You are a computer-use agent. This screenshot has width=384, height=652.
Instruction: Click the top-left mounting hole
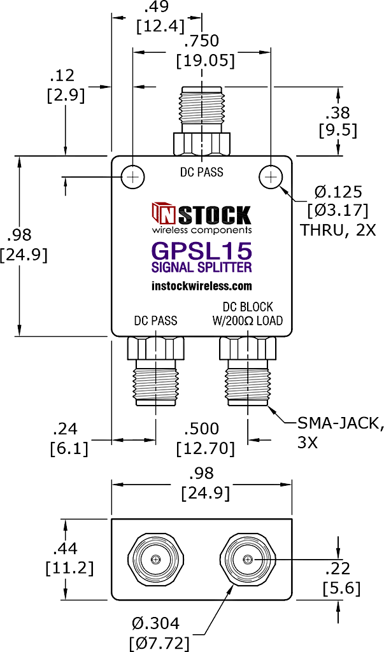pos(132,178)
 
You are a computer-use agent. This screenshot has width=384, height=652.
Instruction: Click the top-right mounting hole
pos(271,178)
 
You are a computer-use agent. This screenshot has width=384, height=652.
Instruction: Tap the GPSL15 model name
pos(203,251)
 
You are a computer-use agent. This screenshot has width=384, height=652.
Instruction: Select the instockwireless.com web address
pos(203,286)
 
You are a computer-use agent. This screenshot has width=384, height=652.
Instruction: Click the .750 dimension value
pos(202,41)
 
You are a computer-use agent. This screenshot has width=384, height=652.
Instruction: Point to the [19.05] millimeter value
pos(205,60)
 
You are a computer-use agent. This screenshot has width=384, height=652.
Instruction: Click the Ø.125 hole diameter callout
pos(338,192)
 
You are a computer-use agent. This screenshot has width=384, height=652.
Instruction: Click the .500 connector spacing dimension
pos(202,429)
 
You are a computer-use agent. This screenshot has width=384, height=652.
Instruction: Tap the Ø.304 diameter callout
pos(156,623)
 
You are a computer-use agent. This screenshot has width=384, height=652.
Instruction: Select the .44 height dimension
pos(66,549)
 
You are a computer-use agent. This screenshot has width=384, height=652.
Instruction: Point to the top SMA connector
pos(202,121)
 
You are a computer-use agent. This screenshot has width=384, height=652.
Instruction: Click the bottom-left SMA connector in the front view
pos(155,371)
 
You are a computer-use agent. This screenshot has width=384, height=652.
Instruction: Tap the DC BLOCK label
pos(248,307)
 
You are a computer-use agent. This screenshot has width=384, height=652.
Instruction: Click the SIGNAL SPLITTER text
pos(203,267)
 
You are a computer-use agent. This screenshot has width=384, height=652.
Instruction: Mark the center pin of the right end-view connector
pos(248,559)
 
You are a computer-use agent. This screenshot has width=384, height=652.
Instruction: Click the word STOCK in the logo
pos(214,215)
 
